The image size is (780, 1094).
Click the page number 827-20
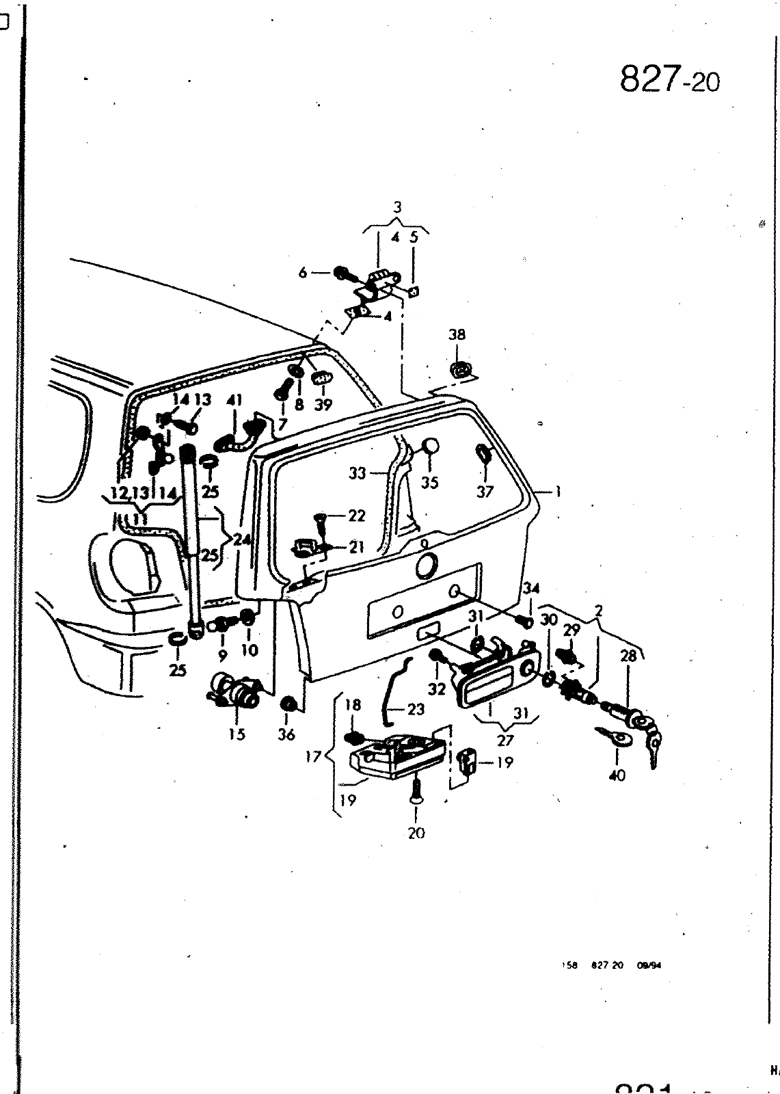click(669, 81)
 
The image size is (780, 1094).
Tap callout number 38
click(457, 334)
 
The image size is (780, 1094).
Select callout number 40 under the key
click(616, 775)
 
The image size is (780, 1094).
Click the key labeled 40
click(611, 738)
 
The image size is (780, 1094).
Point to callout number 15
click(237, 734)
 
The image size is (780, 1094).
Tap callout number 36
click(286, 734)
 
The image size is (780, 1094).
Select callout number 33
click(357, 473)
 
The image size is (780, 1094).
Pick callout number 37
click(484, 492)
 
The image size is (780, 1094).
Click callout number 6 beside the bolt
click(303, 272)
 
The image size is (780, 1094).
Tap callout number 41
click(234, 401)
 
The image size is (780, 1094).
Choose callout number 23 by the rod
click(416, 709)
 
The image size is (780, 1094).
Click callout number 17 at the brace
click(312, 758)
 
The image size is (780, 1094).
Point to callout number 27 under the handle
click(505, 740)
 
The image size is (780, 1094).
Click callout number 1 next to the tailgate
click(558, 491)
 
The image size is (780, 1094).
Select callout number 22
click(356, 516)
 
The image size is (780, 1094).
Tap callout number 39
click(323, 405)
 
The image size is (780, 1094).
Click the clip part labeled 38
click(459, 370)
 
